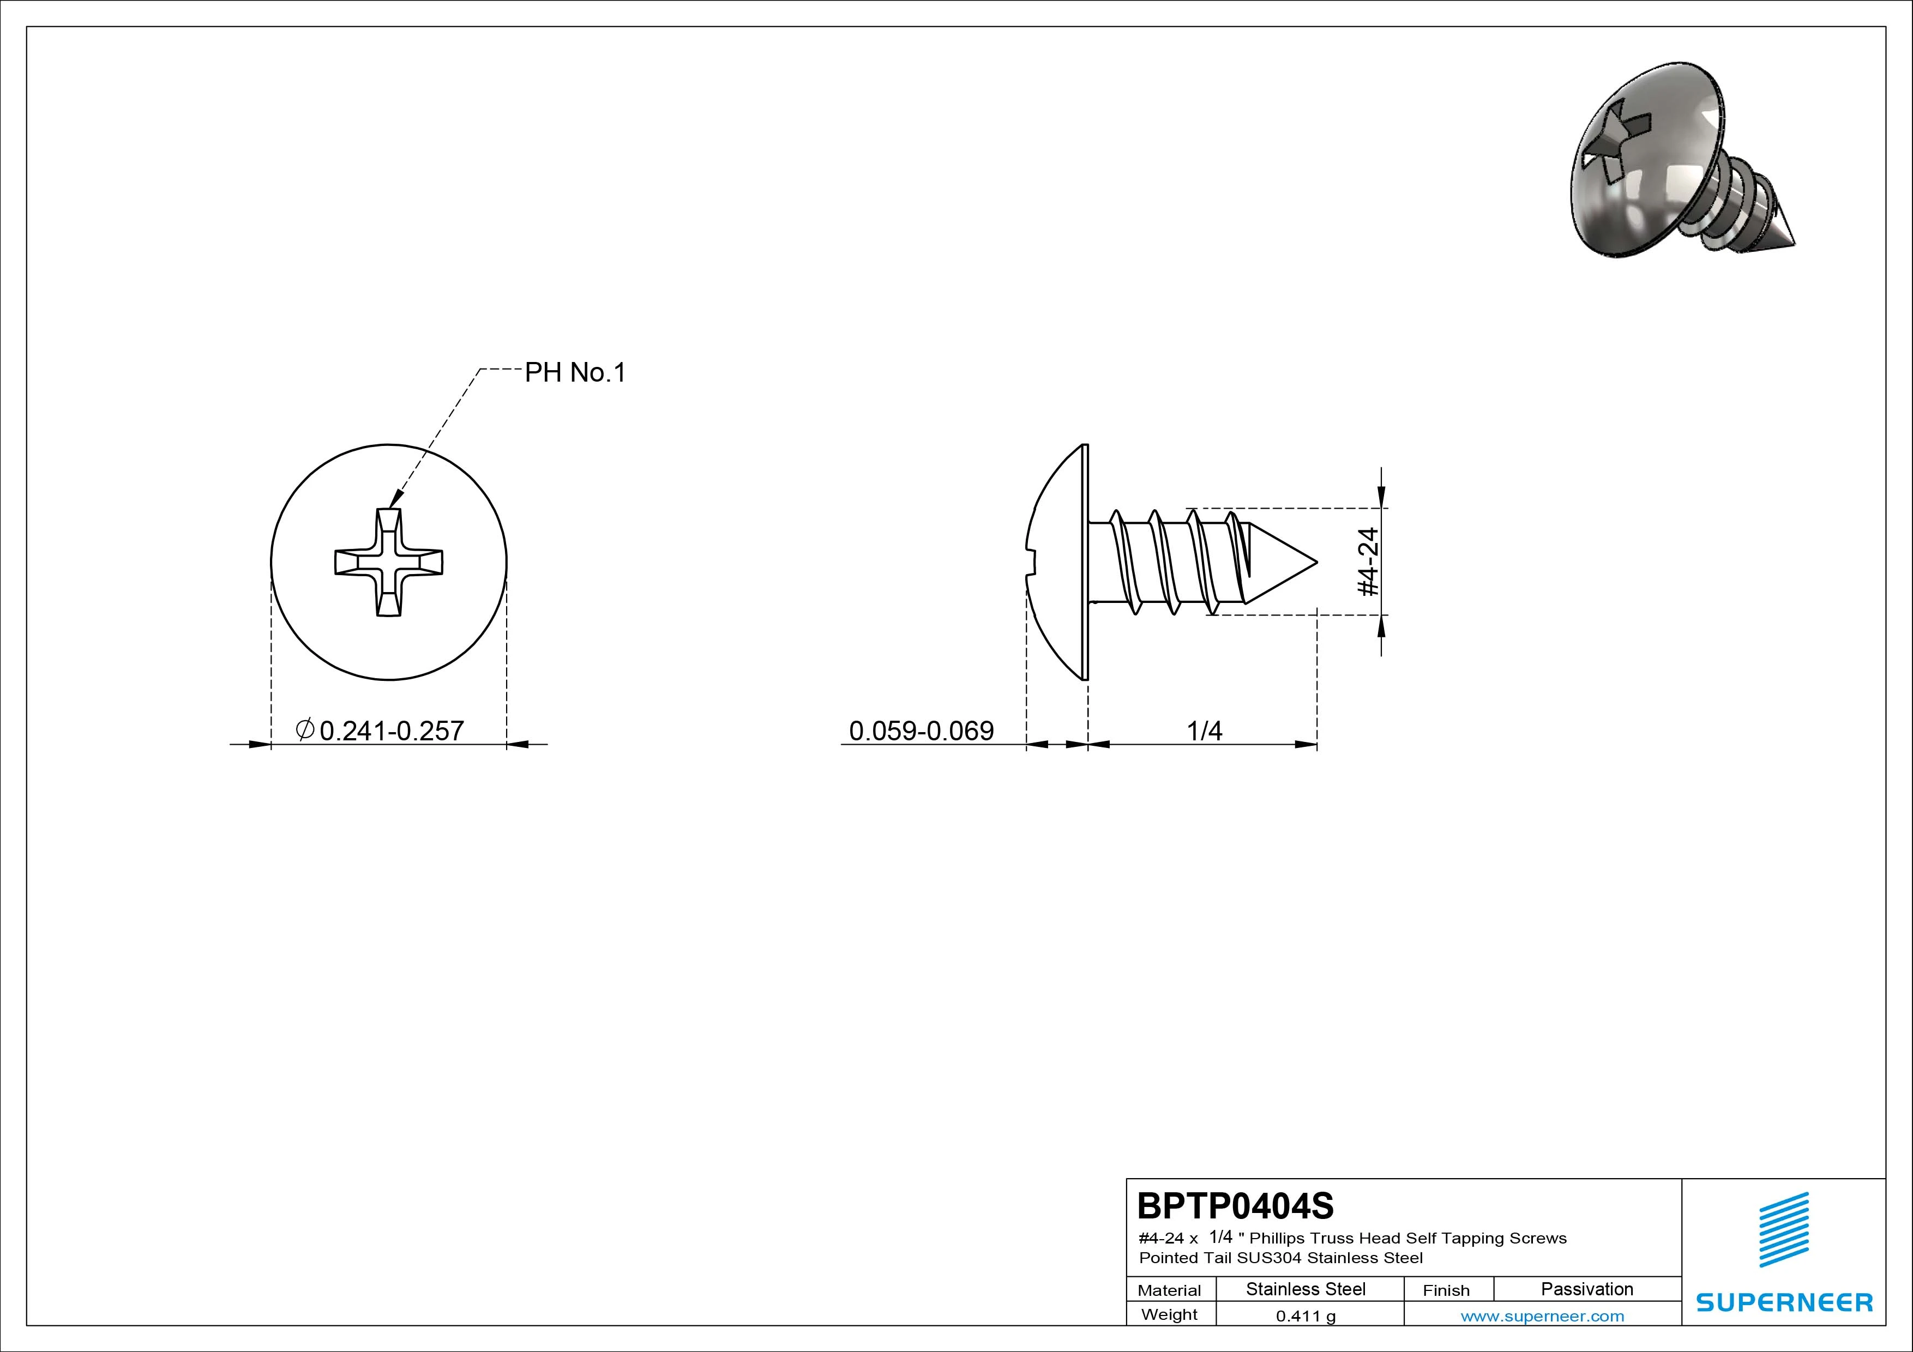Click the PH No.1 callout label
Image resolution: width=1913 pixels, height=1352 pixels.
[575, 372]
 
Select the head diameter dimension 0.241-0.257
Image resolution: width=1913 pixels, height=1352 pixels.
[392, 731]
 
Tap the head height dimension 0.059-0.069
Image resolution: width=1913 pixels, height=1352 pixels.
[922, 731]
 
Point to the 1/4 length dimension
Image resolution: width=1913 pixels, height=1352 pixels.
[1204, 731]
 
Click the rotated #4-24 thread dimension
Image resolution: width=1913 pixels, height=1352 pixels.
[1369, 562]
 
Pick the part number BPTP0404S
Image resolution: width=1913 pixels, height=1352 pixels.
[1236, 1205]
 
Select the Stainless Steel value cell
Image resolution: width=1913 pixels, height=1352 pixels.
[1306, 1289]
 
